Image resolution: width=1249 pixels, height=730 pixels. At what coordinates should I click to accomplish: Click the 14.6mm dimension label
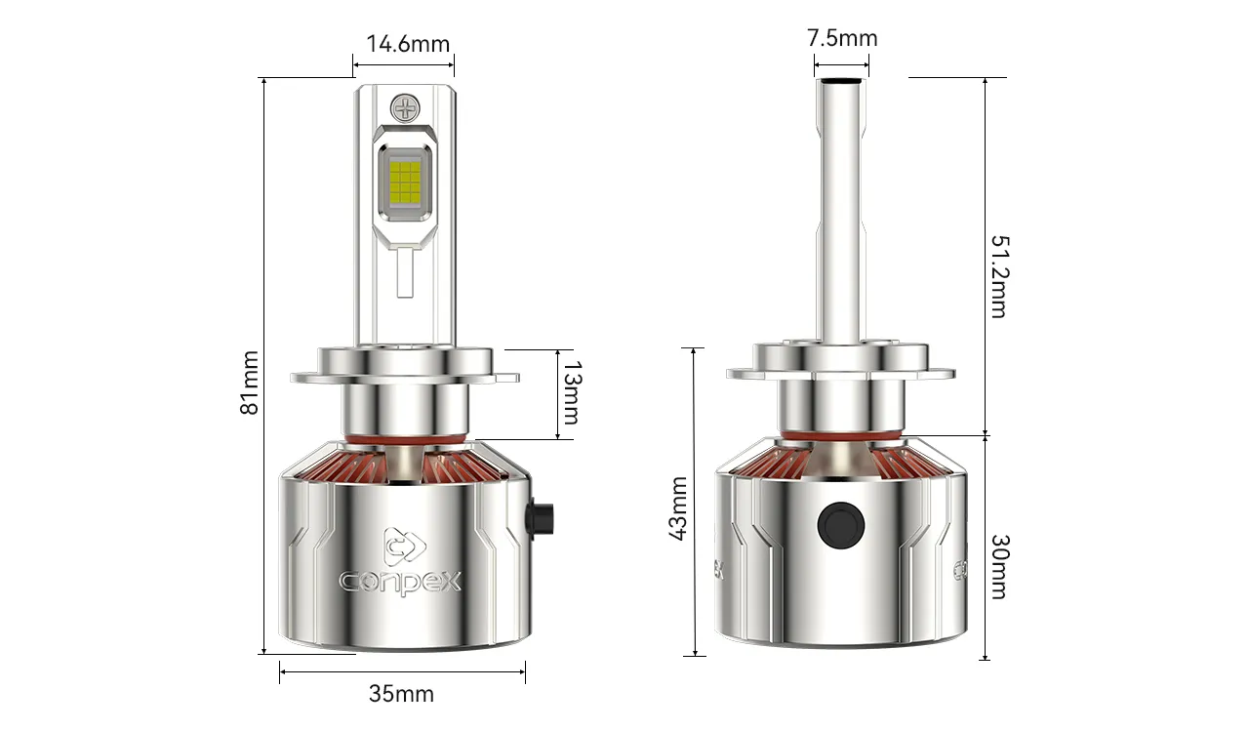(x=408, y=44)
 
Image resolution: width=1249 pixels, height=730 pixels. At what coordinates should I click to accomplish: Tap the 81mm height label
(x=249, y=383)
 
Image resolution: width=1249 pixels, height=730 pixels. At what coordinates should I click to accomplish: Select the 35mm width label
(x=401, y=694)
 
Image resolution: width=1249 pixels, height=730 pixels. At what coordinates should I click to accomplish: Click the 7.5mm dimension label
(x=842, y=38)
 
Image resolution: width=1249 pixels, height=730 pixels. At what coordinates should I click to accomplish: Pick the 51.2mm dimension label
(x=1000, y=276)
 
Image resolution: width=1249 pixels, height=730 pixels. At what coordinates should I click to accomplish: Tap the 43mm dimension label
(x=678, y=508)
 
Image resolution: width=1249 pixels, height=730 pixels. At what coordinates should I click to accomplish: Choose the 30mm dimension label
(x=1000, y=567)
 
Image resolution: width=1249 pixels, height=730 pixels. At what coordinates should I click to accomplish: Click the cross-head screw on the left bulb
(x=405, y=107)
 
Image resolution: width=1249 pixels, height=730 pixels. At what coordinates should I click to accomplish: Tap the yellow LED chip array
(x=405, y=182)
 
